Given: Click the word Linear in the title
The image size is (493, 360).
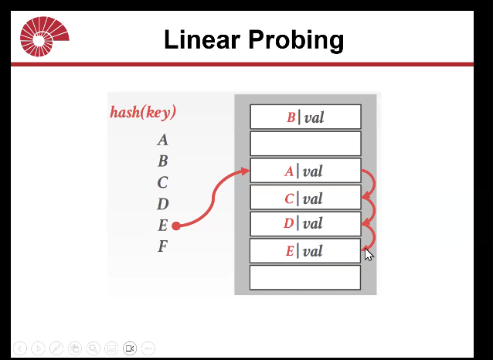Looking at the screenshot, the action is coord(202,39).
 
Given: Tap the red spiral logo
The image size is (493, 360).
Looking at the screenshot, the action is coord(44,36).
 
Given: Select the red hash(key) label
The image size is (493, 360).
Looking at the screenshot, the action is coord(143,112).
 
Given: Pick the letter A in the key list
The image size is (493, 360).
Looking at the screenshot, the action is coord(162,140).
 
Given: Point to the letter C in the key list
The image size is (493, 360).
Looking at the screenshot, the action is coord(162,182).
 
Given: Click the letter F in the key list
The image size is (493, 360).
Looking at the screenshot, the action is coord(162,246).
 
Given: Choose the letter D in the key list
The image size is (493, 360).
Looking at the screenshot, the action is coord(162,204).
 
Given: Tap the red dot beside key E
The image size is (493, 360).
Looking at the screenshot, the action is coord(176,226).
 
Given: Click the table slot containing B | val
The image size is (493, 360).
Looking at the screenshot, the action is coord(305,117).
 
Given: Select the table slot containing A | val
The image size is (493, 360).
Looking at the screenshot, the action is coord(305,171).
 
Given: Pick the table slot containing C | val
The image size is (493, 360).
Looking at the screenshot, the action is coord(305,197).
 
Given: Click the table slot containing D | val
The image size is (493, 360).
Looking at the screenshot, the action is coord(305,224).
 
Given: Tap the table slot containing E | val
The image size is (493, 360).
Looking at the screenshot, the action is coord(305,250).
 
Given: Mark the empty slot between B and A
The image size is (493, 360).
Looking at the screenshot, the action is coord(305,144).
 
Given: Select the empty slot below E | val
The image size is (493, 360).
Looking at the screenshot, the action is coord(305,277).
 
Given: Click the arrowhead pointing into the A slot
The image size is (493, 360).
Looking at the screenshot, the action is coord(246,171).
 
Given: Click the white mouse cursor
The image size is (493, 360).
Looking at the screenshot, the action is coord(369,255).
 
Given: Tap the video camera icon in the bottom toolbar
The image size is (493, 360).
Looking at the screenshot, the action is coord(130,348).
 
